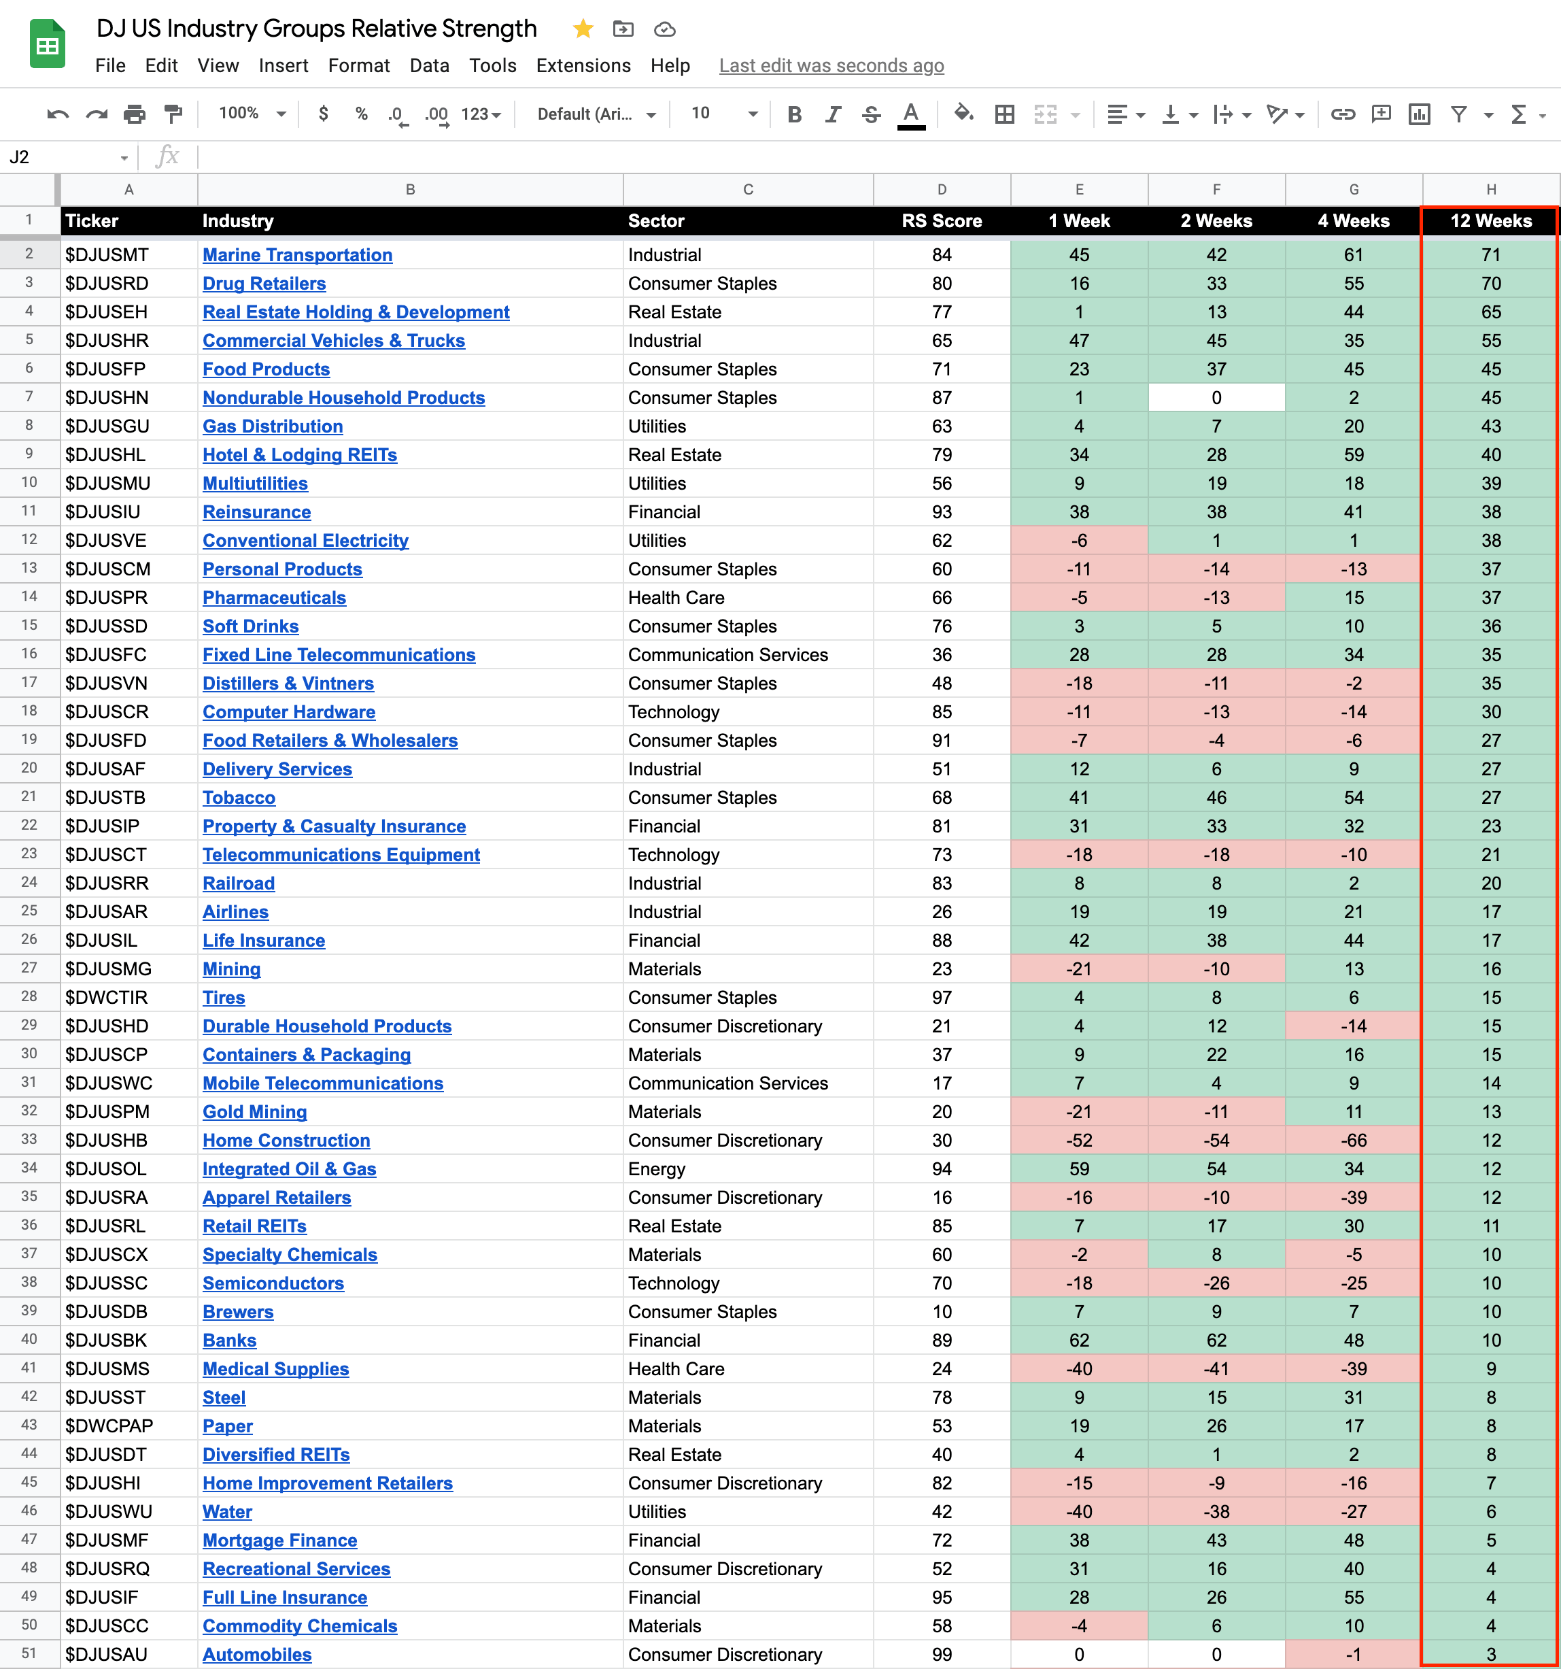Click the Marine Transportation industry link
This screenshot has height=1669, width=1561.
pyautogui.click(x=297, y=255)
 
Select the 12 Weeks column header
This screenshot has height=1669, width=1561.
pyautogui.click(x=1490, y=221)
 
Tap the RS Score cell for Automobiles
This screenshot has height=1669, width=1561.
pyautogui.click(x=942, y=1654)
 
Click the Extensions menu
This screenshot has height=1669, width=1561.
pyautogui.click(x=583, y=65)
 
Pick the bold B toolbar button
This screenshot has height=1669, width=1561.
pyautogui.click(x=794, y=114)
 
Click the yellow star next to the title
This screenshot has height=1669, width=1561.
pyautogui.click(x=583, y=29)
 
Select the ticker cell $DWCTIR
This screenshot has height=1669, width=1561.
pyautogui.click(x=107, y=997)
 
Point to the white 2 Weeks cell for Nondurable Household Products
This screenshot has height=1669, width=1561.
pyautogui.click(x=1216, y=398)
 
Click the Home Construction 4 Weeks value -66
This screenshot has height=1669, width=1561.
pyautogui.click(x=1353, y=1140)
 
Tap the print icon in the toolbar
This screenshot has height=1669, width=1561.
pyautogui.click(x=135, y=114)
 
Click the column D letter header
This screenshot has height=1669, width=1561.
pyautogui.click(x=942, y=190)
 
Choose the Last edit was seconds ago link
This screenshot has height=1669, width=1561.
pyautogui.click(x=831, y=65)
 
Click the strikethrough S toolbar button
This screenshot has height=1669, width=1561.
pyautogui.click(x=871, y=114)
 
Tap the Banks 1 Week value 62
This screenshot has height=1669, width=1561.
pyautogui.click(x=1078, y=1340)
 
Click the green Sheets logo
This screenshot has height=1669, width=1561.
pyautogui.click(x=48, y=44)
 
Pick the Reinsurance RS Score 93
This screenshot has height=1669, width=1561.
pyautogui.click(x=942, y=512)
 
